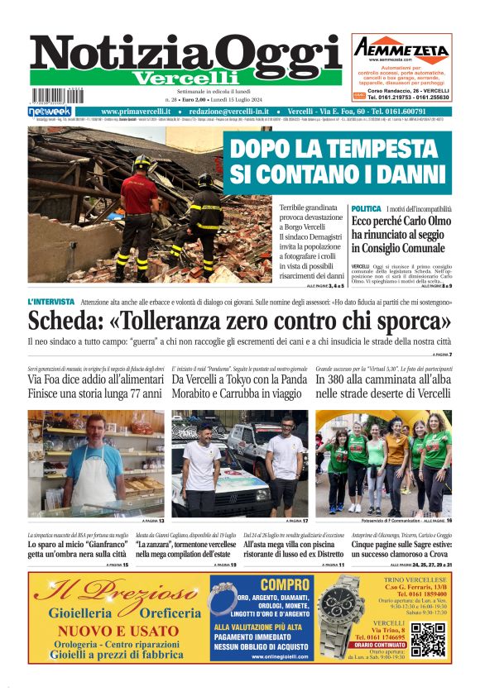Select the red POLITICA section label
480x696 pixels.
tap(366, 209)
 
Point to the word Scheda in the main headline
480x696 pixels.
tap(65, 322)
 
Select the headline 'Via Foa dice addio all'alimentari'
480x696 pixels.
tap(95, 379)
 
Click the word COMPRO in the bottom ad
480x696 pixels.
tap(261, 584)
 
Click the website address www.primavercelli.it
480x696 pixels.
tap(136, 111)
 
